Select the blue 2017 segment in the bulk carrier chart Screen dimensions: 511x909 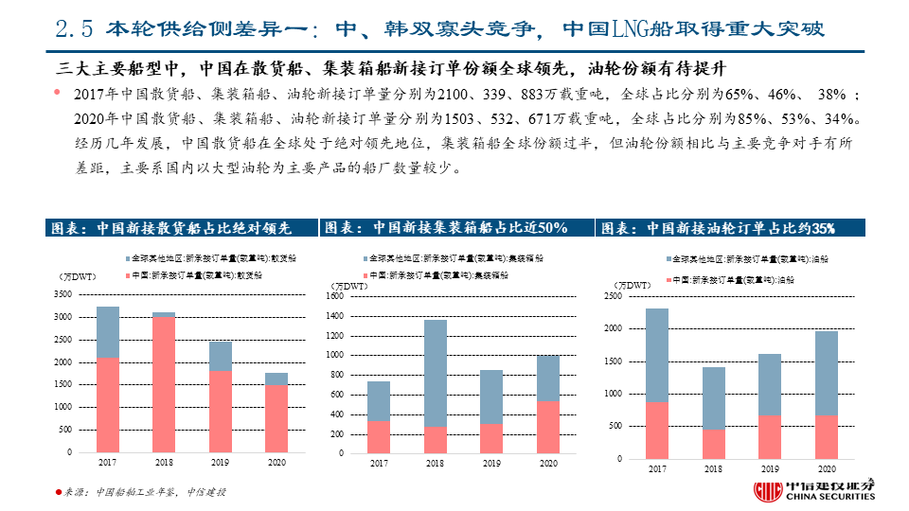click(x=108, y=331)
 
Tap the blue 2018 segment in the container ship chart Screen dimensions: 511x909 click(x=435, y=373)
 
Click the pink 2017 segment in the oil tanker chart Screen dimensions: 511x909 click(x=657, y=431)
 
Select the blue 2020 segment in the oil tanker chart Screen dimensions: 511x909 click(x=827, y=373)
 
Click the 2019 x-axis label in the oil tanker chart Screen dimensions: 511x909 click(x=770, y=469)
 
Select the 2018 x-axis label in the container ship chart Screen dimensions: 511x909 click(x=435, y=464)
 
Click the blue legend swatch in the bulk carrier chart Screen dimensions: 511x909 click(x=126, y=257)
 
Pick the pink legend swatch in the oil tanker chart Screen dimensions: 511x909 click(x=672, y=281)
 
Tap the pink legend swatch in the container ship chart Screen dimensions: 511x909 click(x=365, y=274)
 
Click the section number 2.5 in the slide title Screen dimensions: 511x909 click(x=72, y=29)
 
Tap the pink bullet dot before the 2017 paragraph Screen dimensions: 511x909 click(x=58, y=93)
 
